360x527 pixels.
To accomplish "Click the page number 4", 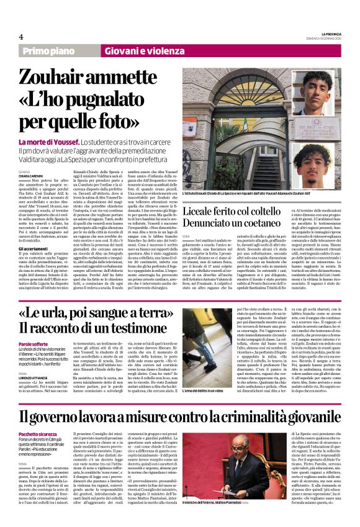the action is (21, 37).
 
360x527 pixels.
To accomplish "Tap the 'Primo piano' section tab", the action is (49, 51).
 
